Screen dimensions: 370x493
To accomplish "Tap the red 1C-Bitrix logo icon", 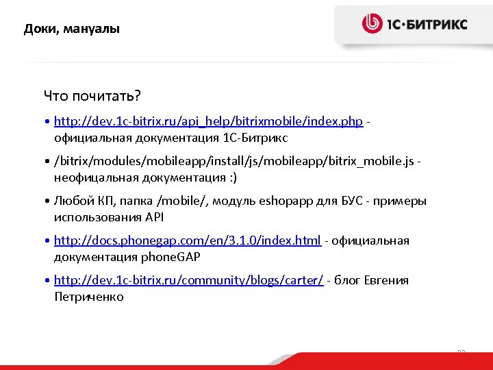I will [x=372, y=24].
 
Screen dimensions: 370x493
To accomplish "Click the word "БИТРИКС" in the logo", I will [x=438, y=25].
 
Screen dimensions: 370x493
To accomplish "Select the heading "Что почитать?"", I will [x=92, y=94].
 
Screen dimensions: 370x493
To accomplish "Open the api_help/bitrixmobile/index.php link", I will [x=208, y=121].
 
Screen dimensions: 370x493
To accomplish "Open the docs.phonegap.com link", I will [x=187, y=241].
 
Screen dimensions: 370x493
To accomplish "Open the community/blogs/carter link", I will [x=188, y=280].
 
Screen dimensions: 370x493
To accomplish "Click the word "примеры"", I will [x=403, y=201].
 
